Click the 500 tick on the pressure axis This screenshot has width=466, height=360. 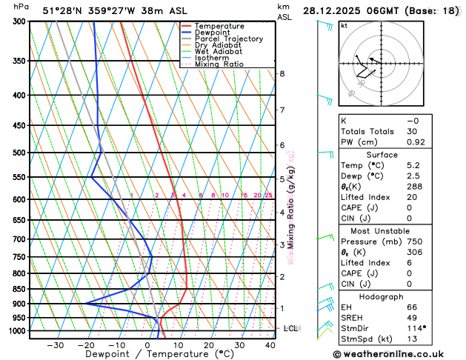pyautogui.click(x=19, y=153)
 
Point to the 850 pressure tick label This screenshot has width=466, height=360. pyautogui.click(x=19, y=289)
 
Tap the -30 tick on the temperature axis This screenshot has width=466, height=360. pyautogui.click(x=55, y=345)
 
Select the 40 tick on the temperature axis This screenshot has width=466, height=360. pyautogui.click(x=270, y=345)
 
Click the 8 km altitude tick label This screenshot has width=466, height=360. pyautogui.click(x=282, y=73)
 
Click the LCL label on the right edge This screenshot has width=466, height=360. pyautogui.click(x=290, y=328)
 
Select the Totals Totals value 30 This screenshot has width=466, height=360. pyautogui.click(x=412, y=131)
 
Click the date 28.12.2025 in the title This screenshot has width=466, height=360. pyautogui.click(x=333, y=10)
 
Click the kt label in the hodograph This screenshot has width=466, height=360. pyautogui.click(x=344, y=26)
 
